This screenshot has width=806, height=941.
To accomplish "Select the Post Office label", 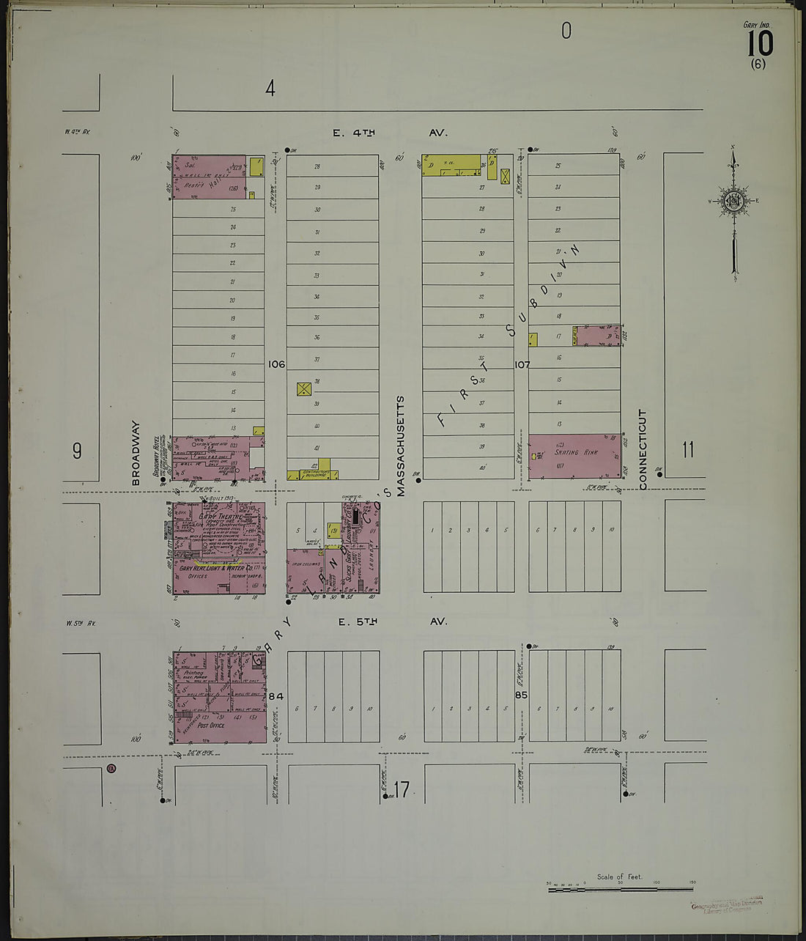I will [211, 726].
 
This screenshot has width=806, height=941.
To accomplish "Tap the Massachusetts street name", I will [401, 447].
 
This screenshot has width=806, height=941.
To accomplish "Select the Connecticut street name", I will [643, 449].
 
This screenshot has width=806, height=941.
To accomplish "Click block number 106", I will [276, 364].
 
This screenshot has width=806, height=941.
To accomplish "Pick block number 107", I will [522, 364].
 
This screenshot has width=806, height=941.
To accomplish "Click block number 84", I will [276, 695].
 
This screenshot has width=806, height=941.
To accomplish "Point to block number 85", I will [521, 695].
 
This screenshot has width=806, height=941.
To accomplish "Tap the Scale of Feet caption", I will [619, 877].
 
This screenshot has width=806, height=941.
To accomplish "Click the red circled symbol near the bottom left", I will [111, 769].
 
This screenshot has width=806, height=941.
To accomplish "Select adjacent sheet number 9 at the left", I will [77, 451].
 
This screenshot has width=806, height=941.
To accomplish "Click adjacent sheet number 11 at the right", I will [687, 449].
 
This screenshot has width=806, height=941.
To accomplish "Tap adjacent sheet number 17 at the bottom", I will [401, 790].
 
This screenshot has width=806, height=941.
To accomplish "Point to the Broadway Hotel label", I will [156, 460].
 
